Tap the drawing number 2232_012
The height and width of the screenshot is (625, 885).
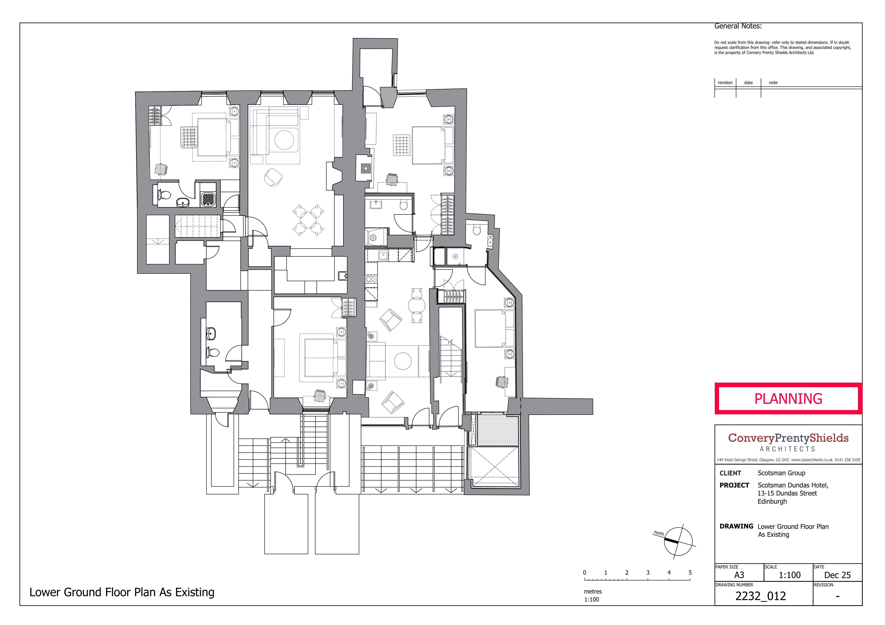point(761,596)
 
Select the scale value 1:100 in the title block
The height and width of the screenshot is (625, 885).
point(789,575)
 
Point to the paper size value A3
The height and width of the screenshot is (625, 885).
point(739,575)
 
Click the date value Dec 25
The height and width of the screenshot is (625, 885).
point(837,575)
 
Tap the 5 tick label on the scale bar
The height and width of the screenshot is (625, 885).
point(690,573)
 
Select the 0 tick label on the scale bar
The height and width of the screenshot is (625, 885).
point(585,573)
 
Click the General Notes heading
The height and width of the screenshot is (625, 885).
point(738,26)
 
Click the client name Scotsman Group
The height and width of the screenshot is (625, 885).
point(781,473)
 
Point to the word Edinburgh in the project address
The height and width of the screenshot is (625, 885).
point(772,501)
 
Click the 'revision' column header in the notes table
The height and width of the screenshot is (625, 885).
point(725,82)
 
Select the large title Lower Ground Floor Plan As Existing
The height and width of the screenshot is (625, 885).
point(122,592)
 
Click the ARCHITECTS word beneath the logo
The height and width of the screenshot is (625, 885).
point(788,449)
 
